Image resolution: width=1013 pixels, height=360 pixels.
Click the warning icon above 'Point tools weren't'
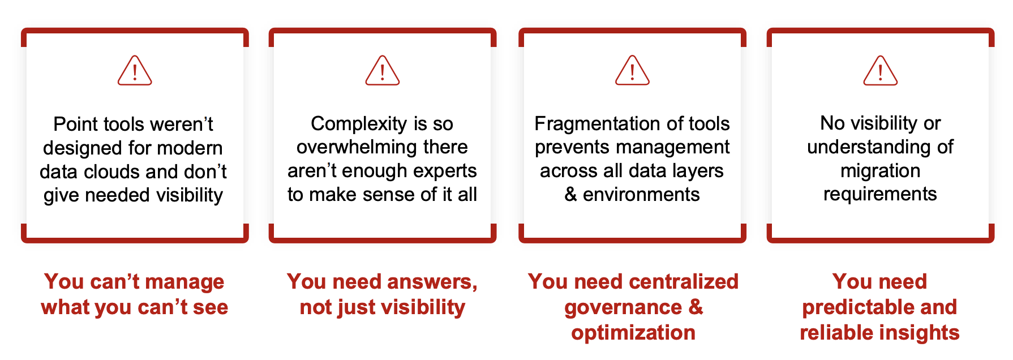click(135, 71)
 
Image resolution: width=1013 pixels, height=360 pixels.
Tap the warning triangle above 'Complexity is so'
click(383, 71)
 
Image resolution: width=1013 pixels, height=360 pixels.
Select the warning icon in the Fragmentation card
click(632, 71)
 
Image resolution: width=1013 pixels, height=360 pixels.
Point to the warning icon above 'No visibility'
click(881, 71)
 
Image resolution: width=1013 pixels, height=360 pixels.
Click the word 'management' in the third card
click(673, 147)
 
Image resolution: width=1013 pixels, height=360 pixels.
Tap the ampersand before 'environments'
click(570, 195)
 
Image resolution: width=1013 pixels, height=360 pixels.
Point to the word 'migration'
click(880, 170)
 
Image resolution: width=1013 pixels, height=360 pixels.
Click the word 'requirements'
click(880, 194)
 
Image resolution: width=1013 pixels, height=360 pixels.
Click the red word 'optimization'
click(633, 333)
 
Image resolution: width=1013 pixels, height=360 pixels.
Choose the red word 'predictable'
click(858, 307)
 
